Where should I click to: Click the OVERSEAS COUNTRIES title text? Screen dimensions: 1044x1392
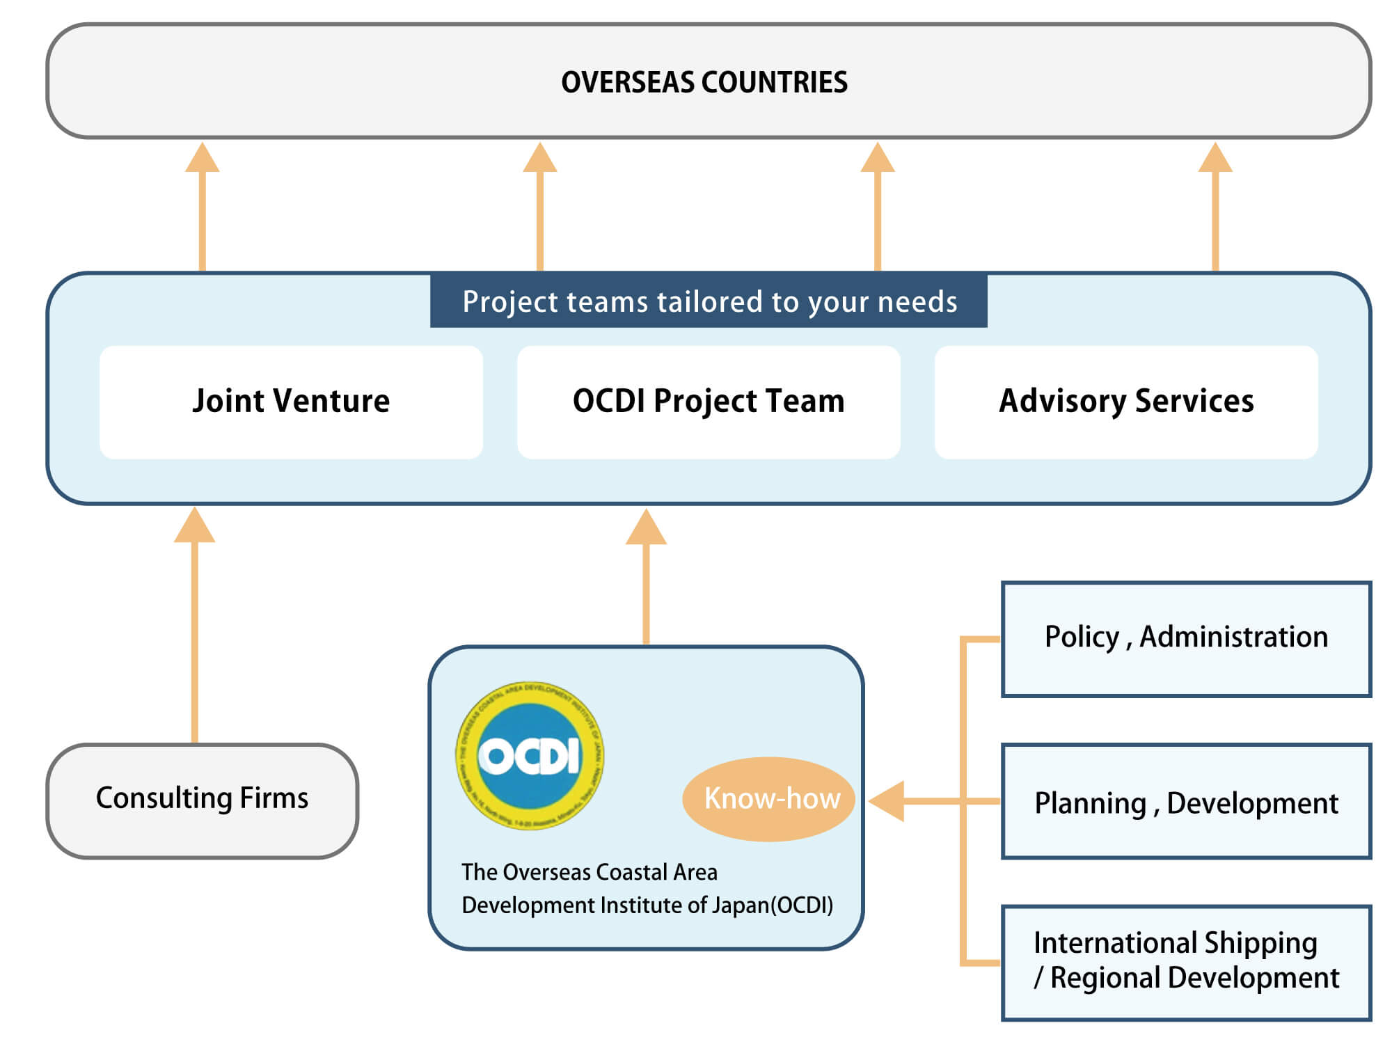point(704,82)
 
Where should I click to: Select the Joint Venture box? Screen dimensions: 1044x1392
point(291,402)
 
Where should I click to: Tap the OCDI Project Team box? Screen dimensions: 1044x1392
point(709,402)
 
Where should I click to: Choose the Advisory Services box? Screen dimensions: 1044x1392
point(1126,402)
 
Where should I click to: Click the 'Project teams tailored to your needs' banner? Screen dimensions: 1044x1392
point(709,301)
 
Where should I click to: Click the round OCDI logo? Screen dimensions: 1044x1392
point(530,755)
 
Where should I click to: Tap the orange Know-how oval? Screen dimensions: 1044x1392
point(770,798)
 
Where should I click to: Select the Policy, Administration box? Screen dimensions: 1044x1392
point(1186,638)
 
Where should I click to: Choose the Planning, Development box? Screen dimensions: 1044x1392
point(1186,802)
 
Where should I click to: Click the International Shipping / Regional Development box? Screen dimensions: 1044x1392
point(1186,962)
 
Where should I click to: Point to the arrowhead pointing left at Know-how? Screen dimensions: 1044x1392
point(887,801)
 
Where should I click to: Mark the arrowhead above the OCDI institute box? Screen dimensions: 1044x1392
point(646,528)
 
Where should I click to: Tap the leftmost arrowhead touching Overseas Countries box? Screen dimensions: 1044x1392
point(202,158)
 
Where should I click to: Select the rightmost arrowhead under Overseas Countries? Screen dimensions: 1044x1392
point(1215,158)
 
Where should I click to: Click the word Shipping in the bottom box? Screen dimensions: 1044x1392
point(1260,943)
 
